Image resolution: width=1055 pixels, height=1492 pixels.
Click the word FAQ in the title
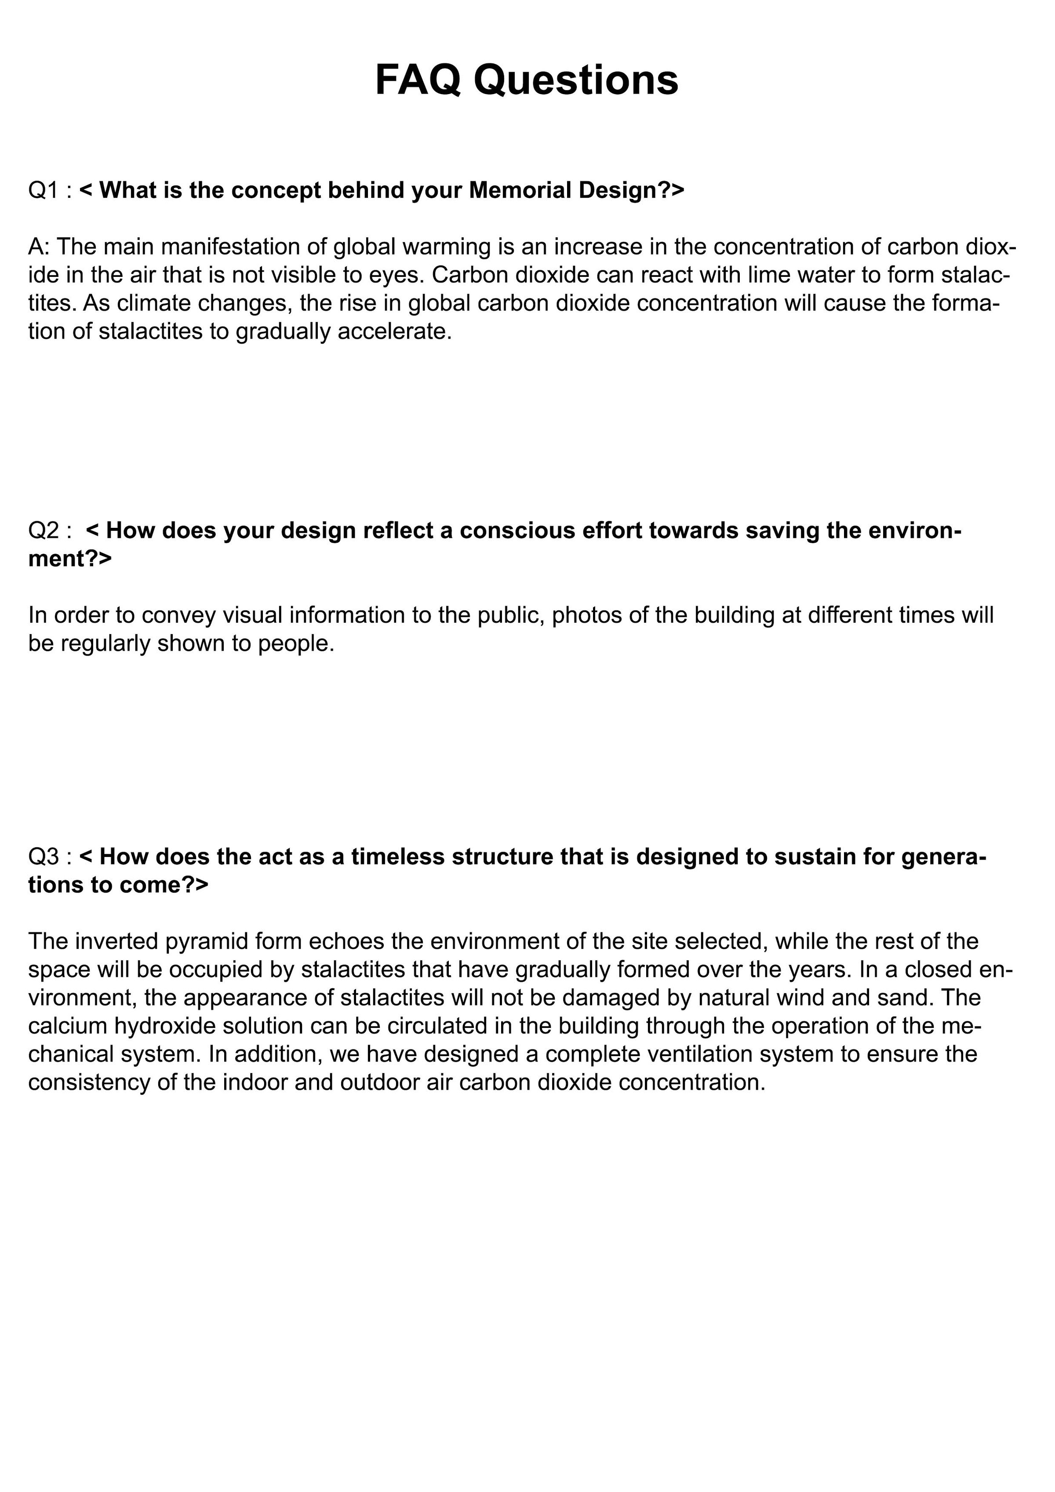[x=417, y=80]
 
